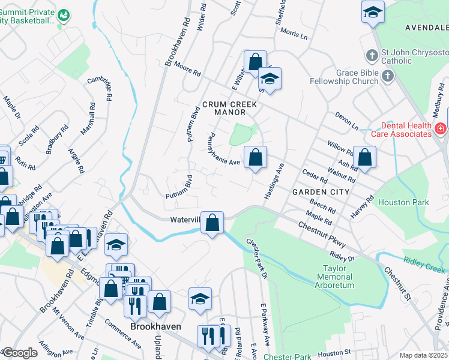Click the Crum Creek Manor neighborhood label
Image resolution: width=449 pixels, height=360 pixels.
(x=229, y=108)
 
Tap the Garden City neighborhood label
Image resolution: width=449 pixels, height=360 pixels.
(x=320, y=191)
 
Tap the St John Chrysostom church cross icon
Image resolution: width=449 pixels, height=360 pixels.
(x=372, y=56)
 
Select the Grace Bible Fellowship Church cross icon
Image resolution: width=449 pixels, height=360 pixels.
(x=388, y=77)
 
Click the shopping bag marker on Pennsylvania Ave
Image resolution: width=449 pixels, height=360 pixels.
(x=256, y=158)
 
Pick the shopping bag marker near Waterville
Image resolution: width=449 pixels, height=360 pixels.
(x=212, y=223)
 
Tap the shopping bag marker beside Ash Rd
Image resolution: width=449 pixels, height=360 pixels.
(x=364, y=158)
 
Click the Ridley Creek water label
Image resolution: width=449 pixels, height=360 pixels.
(x=423, y=262)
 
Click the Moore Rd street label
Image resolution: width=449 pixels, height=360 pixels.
(x=188, y=71)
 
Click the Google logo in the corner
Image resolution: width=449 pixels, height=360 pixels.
(x=20, y=353)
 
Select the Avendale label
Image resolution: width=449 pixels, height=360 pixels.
(x=426, y=28)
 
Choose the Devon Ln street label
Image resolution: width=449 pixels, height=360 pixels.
(x=346, y=120)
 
